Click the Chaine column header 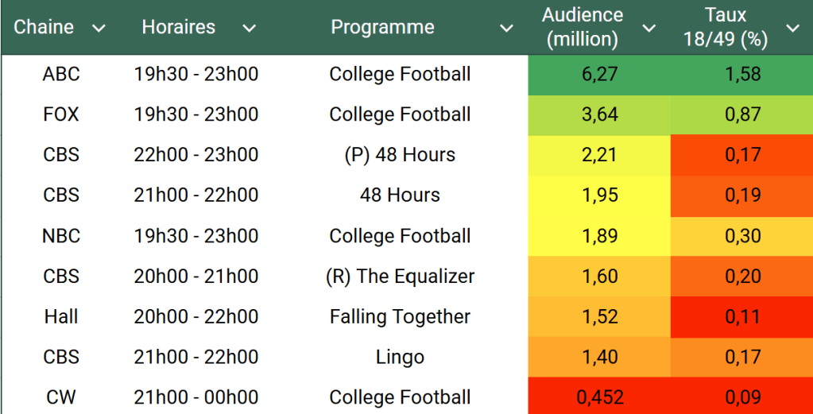pyautogui.click(x=44, y=27)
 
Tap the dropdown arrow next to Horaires pyautogui.click(x=250, y=29)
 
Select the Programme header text pyautogui.click(x=382, y=27)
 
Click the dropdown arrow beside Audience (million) pyautogui.click(x=649, y=29)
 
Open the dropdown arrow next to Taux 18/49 pyautogui.click(x=792, y=29)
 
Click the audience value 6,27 pyautogui.click(x=599, y=75)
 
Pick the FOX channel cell pyautogui.click(x=61, y=114)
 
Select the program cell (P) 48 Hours pyautogui.click(x=400, y=155)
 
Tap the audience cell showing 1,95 pyautogui.click(x=599, y=195)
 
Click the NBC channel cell pyautogui.click(x=61, y=236)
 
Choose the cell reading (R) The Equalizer pyautogui.click(x=400, y=277)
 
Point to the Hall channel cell pyautogui.click(x=61, y=316)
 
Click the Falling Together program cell pyautogui.click(x=400, y=316)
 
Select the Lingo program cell pyautogui.click(x=400, y=357)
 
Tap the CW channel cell pyautogui.click(x=61, y=397)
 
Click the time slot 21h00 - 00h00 pyautogui.click(x=196, y=397)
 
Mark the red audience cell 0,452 pyautogui.click(x=599, y=397)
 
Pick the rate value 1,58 pyautogui.click(x=742, y=75)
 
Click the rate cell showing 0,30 pyautogui.click(x=742, y=236)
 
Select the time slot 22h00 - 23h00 pyautogui.click(x=196, y=155)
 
